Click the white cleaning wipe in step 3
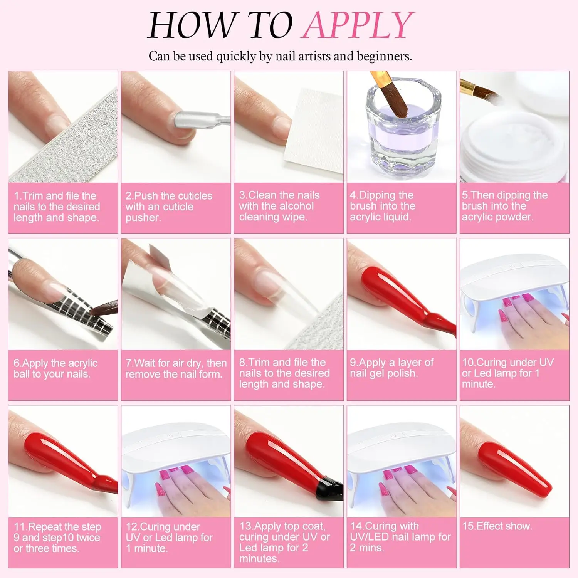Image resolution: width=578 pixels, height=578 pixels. click(313, 133)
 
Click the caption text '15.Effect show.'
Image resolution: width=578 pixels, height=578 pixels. click(497, 526)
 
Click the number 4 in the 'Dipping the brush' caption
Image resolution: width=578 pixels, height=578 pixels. click(353, 195)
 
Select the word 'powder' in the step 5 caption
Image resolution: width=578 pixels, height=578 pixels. click(514, 217)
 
